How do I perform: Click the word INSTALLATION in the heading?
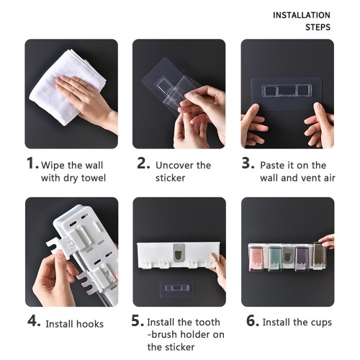pos(302,15)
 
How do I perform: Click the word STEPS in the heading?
pos(318,27)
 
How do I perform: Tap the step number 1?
pos(32,163)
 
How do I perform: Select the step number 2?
pos(143,163)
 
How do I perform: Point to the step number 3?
pos(248,163)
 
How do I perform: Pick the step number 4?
pos(34,321)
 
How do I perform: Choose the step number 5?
pos(138,321)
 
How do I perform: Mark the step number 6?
pos(253,321)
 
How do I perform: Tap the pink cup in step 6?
pos(256,258)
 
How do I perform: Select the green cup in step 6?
pos(275,258)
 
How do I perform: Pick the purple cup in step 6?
pos(302,258)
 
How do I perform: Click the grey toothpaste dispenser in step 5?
pos(179,253)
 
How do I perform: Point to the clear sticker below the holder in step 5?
pos(177,289)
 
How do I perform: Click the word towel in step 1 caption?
pos(94,178)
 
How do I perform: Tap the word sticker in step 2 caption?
pos(170,178)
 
